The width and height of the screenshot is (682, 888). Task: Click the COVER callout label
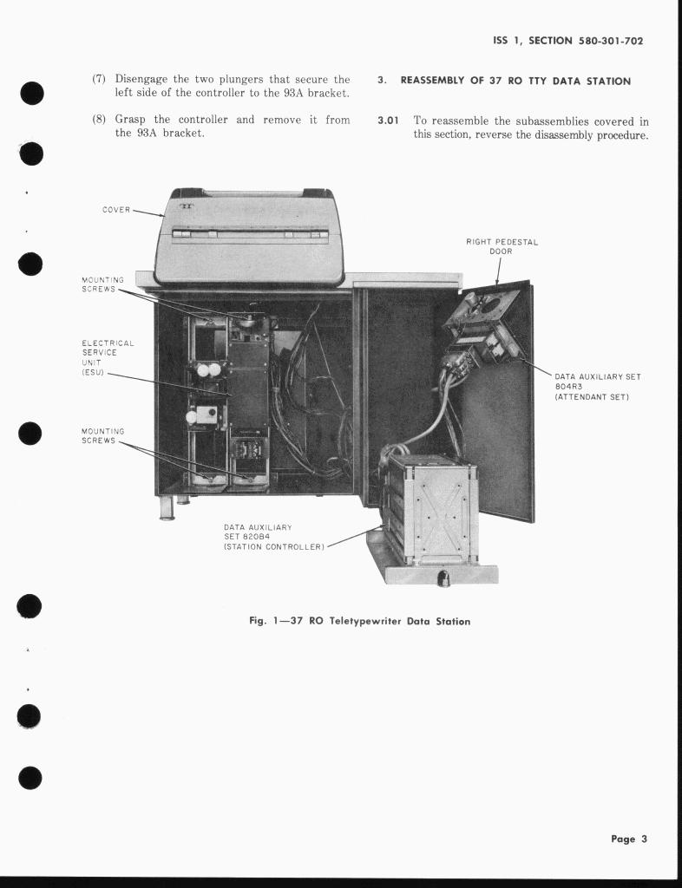(x=115, y=209)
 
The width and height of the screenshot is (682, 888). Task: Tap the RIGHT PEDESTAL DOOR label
(x=502, y=246)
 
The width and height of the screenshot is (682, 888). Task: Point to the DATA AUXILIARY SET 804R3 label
(x=597, y=386)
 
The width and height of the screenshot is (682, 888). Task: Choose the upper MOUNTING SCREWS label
(x=102, y=284)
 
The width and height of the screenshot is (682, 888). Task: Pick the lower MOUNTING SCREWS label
(x=102, y=435)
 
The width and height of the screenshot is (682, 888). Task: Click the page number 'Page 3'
(x=629, y=839)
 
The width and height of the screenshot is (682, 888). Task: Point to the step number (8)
(x=99, y=120)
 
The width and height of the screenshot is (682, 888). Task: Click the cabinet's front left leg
(x=167, y=507)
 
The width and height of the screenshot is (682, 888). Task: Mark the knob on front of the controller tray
(x=443, y=578)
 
